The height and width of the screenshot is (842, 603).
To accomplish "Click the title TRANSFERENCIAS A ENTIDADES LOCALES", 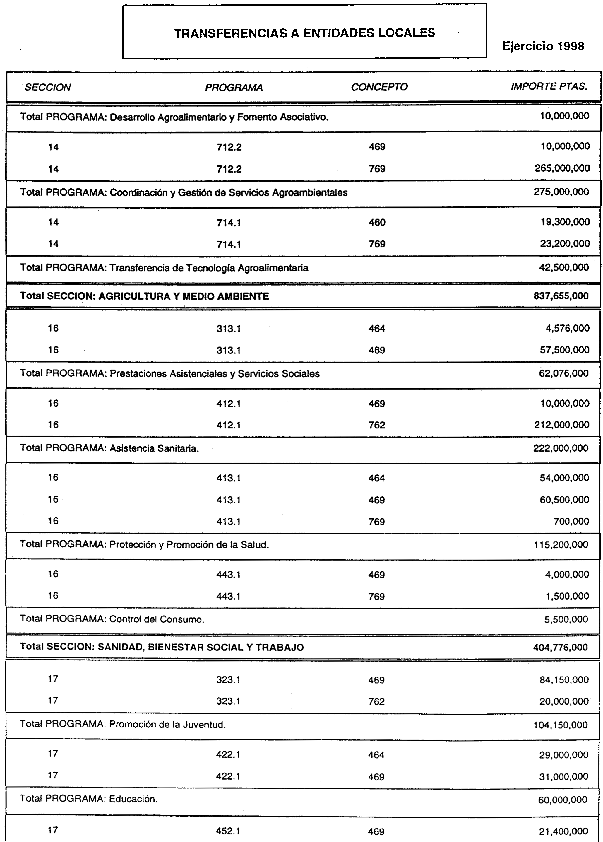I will [304, 33].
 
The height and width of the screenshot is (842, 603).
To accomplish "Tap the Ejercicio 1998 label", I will [543, 46].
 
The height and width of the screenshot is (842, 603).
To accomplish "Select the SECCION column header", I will [47, 87].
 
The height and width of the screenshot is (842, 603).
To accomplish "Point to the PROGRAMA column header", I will [234, 88].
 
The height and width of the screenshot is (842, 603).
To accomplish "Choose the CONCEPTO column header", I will [379, 87].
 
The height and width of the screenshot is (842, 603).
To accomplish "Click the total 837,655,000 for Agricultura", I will [561, 296].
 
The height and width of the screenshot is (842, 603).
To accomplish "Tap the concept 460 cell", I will [377, 222].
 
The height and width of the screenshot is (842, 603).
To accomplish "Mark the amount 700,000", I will [571, 521].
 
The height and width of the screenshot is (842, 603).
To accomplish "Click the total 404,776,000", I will [560, 648].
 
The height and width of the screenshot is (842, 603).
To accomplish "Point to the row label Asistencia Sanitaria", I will [154, 448].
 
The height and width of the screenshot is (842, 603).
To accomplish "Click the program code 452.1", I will [228, 831].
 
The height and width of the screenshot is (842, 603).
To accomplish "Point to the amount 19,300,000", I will [565, 222].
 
